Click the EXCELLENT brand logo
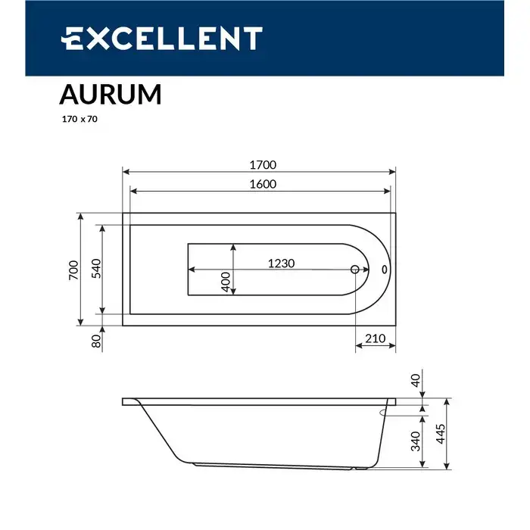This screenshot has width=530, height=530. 161,38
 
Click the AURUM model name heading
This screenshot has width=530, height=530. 110,95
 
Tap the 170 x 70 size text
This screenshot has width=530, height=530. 79,119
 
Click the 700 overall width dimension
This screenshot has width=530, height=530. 73,270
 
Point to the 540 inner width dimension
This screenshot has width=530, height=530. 96,269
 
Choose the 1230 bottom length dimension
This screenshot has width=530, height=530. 280,263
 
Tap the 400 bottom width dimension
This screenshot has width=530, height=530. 225,282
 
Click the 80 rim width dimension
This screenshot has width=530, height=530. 96,341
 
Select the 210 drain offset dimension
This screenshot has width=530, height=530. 375,338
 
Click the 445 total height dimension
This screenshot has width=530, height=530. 440,435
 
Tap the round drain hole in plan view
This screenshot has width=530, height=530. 356,270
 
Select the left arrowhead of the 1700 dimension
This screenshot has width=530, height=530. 126,172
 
